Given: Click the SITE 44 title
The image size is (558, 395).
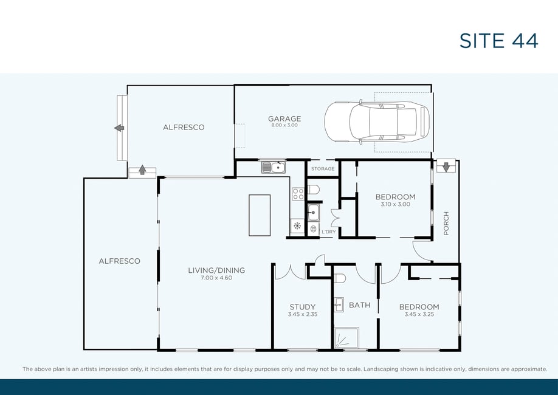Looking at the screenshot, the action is [498, 41].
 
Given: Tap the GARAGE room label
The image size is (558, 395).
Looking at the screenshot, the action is [284, 118].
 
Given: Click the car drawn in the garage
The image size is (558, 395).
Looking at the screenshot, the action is [377, 122].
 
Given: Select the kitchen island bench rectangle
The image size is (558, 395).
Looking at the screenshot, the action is [260, 215].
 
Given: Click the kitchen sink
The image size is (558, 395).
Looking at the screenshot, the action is [274, 167].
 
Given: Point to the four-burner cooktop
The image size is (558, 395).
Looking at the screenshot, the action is [298, 194].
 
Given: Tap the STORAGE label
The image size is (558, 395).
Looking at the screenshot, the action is [323, 169].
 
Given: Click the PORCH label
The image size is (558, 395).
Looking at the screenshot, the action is [446, 223].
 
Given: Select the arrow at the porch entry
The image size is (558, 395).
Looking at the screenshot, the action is [446, 167].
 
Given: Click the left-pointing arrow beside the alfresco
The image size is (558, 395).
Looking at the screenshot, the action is [119, 128].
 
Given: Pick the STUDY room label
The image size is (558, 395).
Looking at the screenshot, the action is [303, 307].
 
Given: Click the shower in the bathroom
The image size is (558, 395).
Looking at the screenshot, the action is [346, 338].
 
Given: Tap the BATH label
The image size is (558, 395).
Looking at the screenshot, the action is [359, 305].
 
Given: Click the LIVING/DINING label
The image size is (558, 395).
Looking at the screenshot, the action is [216, 270].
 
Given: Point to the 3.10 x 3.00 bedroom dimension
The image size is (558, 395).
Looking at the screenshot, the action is [395, 204].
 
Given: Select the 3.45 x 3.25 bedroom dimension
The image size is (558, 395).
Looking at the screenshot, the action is [419, 314].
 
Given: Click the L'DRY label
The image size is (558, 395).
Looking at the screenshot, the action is [328, 232].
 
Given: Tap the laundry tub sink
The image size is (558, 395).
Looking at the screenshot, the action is [313, 213].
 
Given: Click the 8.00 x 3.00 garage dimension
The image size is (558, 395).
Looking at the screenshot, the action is [284, 125].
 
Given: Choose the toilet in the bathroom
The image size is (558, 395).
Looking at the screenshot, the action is [340, 278].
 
